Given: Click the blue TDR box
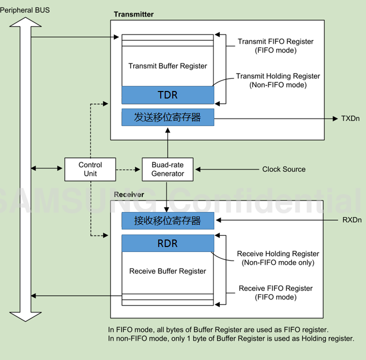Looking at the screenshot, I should [x=168, y=94].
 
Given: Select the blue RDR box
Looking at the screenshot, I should [x=168, y=244].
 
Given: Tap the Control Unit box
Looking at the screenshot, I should [x=90, y=169].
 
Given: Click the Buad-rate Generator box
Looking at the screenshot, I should [x=168, y=169].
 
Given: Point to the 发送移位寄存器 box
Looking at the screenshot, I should [x=168, y=117].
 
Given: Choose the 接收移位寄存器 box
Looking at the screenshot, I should [x=168, y=220].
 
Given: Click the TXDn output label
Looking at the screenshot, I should [x=350, y=118].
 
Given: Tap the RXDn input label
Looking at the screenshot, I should [x=351, y=219].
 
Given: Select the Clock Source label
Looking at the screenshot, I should [x=283, y=169].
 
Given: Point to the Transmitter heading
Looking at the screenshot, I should [x=134, y=14].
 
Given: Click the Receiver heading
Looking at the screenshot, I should [x=129, y=194].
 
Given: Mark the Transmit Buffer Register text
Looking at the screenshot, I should [x=168, y=66].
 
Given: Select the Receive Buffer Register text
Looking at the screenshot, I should [x=168, y=271].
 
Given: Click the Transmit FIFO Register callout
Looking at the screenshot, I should [x=275, y=45].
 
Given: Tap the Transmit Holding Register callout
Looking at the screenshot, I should [x=278, y=80].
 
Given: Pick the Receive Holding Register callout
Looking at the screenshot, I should [x=278, y=258].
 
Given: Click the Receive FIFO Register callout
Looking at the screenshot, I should [x=275, y=292].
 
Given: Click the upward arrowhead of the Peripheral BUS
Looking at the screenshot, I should [x=21, y=22].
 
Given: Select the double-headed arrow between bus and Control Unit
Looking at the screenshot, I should [x=48, y=169].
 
